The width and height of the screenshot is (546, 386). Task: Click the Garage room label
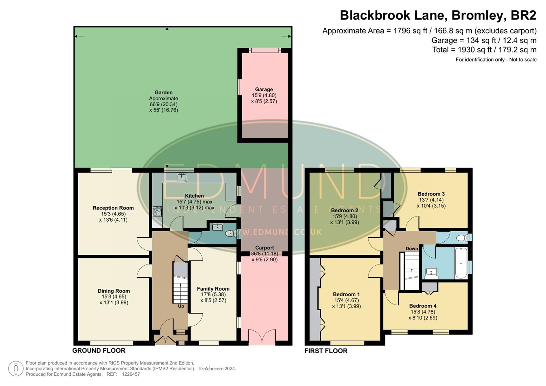[x=264, y=89]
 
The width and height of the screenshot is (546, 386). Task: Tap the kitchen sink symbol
[x=182, y=177]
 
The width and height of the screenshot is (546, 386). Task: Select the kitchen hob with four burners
[x=157, y=212]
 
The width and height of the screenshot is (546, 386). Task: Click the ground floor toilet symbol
[x=231, y=234]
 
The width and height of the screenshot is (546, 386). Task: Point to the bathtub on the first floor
[x=461, y=263]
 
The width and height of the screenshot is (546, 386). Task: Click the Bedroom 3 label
[x=431, y=194]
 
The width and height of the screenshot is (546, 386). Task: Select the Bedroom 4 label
[x=423, y=306]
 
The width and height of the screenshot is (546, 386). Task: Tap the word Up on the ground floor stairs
[x=181, y=306]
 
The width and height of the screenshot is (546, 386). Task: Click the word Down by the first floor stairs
[x=412, y=248]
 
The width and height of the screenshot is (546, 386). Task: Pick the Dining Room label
[x=114, y=291]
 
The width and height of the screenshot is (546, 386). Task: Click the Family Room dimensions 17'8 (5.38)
[x=213, y=295]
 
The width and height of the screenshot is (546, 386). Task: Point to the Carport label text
[x=265, y=248]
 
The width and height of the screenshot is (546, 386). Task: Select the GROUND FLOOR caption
[x=99, y=351]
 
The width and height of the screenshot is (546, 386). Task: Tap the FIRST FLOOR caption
[x=326, y=351]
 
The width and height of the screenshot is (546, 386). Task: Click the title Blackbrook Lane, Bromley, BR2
[x=438, y=15]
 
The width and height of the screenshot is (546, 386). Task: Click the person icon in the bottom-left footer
[x=16, y=368]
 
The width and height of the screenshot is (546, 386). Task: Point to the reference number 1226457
[x=131, y=374]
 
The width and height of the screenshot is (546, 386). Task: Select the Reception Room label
[x=113, y=208]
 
